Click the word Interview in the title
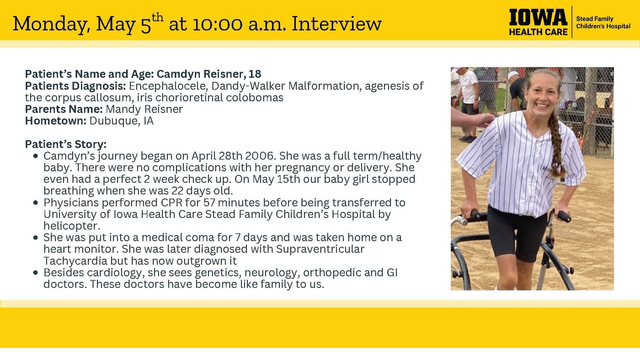click(336, 24)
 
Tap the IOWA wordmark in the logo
click(538, 17)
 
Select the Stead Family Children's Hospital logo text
click(603, 23)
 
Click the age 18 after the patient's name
click(254, 74)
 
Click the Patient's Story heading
click(66, 144)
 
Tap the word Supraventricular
click(320, 249)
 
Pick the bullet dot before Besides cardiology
click(35, 273)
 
